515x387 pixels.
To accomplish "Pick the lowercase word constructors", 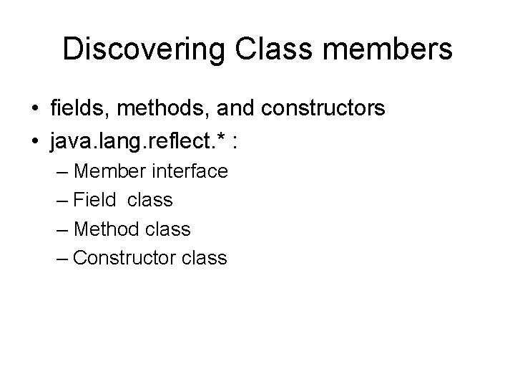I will (x=325, y=108).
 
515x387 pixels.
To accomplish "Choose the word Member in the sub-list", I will (x=109, y=171).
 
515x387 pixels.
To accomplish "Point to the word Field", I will (x=94, y=200).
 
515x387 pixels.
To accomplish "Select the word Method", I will (x=107, y=229).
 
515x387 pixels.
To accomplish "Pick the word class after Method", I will (x=167, y=229).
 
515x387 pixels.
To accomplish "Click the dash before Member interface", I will (x=62, y=172).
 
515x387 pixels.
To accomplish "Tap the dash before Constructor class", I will (x=62, y=258).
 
